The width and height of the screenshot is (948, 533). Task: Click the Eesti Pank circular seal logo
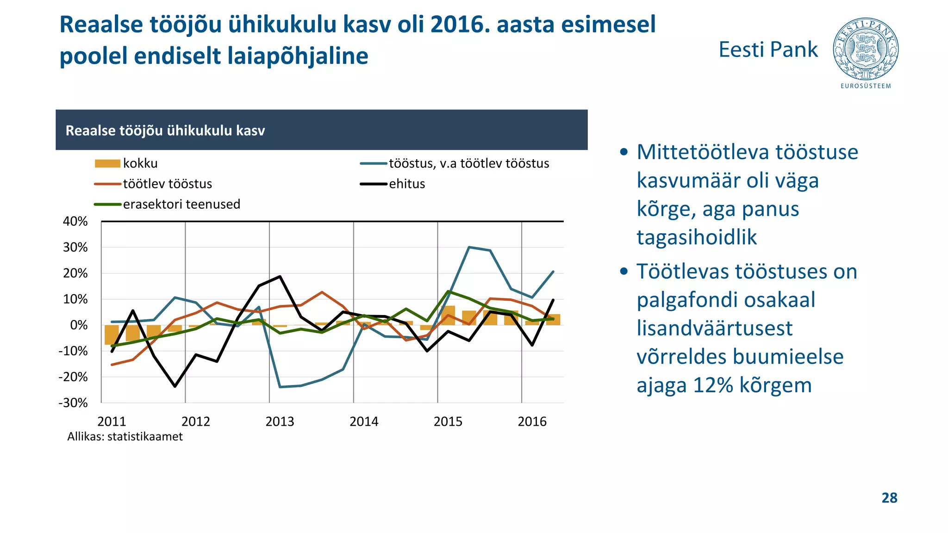[x=865, y=49]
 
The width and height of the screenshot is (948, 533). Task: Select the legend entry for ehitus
[x=393, y=184]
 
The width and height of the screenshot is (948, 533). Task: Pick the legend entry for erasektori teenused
[x=167, y=204]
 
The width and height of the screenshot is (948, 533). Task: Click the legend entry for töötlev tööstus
[x=153, y=184]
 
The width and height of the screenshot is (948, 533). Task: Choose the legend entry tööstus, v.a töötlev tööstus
[x=455, y=163]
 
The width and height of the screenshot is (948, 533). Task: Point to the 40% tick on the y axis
[x=75, y=221]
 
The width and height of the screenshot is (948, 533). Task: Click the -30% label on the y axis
[x=73, y=403]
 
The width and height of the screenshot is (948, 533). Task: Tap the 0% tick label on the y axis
[x=79, y=325]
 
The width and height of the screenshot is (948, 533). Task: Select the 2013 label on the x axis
[x=280, y=421]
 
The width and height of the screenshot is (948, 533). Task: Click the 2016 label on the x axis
[x=532, y=421]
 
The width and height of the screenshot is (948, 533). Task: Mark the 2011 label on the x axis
[x=112, y=421]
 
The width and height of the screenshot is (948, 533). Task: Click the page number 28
[x=889, y=498]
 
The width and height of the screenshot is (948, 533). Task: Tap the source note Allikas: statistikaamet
[x=125, y=437]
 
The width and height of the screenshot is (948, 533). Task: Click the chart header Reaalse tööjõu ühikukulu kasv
[x=165, y=130]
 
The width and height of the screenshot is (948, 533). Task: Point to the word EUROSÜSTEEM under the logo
[x=866, y=86]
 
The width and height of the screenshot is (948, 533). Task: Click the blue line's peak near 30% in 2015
[x=469, y=247]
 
